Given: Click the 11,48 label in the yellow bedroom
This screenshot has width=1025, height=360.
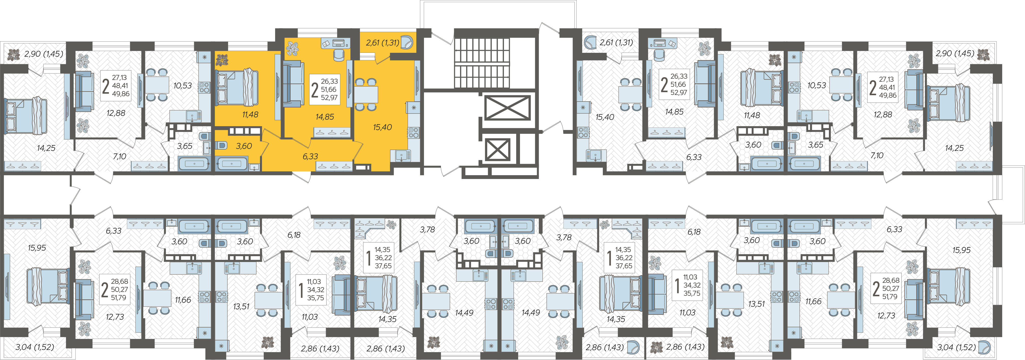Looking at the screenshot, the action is pyautogui.click(x=250, y=114).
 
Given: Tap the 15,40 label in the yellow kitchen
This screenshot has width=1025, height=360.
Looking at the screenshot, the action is pyautogui.click(x=382, y=127).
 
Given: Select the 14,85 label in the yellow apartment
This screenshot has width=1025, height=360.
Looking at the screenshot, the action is pyautogui.click(x=325, y=117).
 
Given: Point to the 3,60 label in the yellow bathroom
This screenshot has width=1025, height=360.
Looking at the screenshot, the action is pyautogui.click(x=244, y=146).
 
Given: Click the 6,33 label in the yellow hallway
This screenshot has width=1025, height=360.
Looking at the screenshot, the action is pyautogui.click(x=310, y=156).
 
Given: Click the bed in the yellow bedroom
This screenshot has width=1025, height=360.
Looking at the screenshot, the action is pyautogui.click(x=237, y=88).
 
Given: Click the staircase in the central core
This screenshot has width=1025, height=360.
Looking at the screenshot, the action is pyautogui.click(x=482, y=63).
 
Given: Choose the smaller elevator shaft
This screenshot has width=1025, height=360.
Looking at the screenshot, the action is pyautogui.click(x=497, y=150).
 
